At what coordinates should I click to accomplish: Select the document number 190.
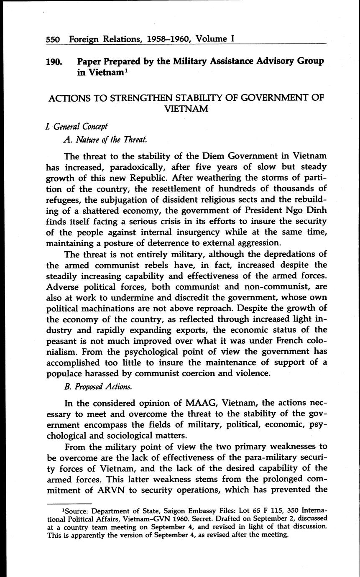point(54,61)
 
